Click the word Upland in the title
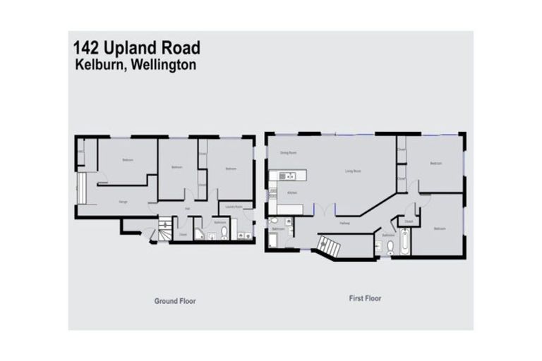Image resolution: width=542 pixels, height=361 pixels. coord(135,48)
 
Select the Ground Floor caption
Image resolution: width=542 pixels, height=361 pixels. coord(175,301)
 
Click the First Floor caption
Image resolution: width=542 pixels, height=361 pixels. coord(365,298)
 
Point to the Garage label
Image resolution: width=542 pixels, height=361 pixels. coord(123,202)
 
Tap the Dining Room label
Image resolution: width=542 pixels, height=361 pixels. coord(287,152)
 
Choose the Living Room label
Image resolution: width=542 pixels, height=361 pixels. coord(353,171)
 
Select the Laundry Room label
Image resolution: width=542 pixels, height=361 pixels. coord(234,207)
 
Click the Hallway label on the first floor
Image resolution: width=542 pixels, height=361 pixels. coord(345,223)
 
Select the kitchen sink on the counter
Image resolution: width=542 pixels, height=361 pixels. coord(289,176)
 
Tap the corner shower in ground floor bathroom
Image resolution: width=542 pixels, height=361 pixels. coord(200,233)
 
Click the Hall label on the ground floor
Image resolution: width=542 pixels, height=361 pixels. coord(187,208)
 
